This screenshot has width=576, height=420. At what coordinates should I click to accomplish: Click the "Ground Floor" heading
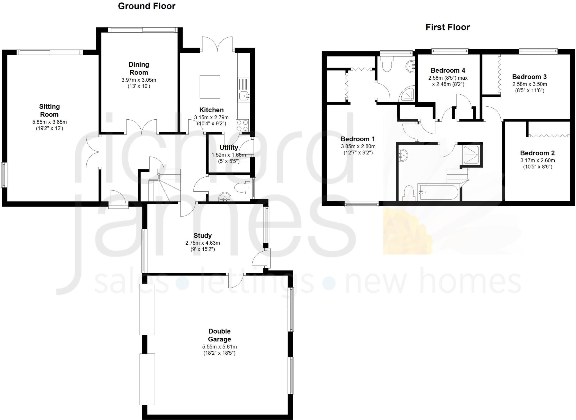(147, 6)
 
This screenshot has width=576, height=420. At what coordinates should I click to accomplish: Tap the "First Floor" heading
(447, 27)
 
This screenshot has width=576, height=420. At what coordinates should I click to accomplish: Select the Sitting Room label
(49, 110)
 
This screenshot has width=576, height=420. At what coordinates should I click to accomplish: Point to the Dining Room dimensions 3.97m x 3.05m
(139, 80)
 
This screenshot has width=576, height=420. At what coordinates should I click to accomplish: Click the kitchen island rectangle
(210, 87)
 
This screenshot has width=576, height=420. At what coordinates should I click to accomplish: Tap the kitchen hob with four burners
(242, 126)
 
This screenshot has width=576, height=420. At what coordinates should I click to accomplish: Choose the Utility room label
(229, 148)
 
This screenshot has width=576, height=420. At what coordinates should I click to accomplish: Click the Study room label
(202, 236)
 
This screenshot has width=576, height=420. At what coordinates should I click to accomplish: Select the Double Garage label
(219, 335)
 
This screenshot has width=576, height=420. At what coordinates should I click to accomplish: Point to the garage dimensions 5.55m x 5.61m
(219, 347)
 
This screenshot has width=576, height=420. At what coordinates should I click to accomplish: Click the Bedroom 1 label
(358, 139)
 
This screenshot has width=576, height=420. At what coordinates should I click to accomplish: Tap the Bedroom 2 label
(537, 153)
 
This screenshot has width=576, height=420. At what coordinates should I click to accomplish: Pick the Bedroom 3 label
(529, 77)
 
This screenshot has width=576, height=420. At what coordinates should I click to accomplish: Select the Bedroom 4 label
(448, 70)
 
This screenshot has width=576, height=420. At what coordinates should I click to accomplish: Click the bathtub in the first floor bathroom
(438, 193)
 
